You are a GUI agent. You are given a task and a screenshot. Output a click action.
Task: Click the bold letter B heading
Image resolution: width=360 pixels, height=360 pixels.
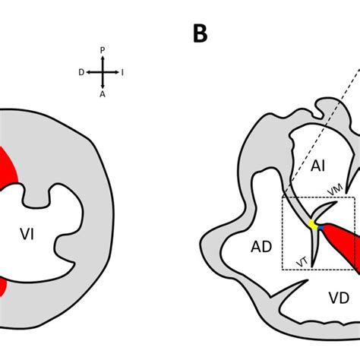(199, 33)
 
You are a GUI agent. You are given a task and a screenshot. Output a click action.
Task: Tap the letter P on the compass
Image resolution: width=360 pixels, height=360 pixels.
(103, 49)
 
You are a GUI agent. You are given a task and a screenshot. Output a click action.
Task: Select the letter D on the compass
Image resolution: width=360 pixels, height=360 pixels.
(81, 71)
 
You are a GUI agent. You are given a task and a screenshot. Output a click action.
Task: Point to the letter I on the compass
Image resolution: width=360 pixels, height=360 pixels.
(125, 71)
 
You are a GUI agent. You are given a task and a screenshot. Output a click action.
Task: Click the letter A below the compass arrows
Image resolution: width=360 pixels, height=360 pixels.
(103, 94)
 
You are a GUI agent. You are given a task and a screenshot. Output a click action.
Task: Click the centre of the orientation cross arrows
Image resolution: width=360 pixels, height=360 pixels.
(103, 71)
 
